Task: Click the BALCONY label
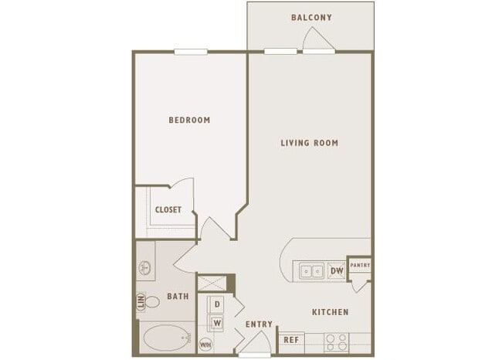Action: tap(311, 17)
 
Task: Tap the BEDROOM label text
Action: tap(189, 120)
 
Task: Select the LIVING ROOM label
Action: tap(309, 143)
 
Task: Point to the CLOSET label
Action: tap(168, 210)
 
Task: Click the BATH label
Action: tap(178, 296)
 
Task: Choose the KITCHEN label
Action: tap(331, 312)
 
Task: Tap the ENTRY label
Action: tap(259, 324)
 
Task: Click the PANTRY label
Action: tap(360, 265)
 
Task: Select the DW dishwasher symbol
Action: tap(337, 271)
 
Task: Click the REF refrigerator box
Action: tap(291, 340)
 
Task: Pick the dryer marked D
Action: tap(217, 304)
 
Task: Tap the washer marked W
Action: tap(217, 323)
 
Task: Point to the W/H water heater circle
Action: tap(205, 345)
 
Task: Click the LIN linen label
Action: tap(141, 302)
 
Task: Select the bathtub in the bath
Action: tap(167, 338)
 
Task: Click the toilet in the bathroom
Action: tap(151, 302)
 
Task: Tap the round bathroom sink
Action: tap(144, 268)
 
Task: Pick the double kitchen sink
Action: tap(311, 271)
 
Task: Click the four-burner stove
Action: tap(337, 342)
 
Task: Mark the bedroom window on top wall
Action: tap(191, 52)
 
